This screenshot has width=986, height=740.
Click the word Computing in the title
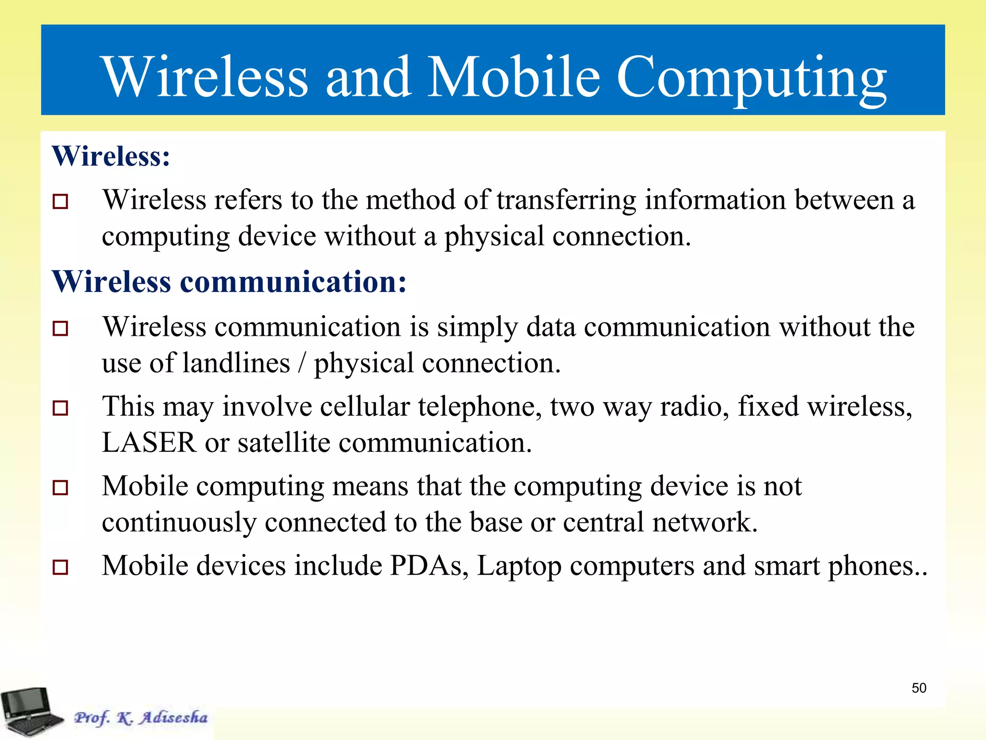[x=751, y=77]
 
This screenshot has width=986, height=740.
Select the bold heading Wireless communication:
[x=229, y=281]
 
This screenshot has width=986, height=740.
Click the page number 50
[x=919, y=688]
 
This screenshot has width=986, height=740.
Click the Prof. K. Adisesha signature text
[x=141, y=717]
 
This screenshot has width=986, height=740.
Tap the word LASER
[x=149, y=442]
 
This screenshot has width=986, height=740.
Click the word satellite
[x=284, y=442]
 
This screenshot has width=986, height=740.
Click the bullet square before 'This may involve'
[x=61, y=408]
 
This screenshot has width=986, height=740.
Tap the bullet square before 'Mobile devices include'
[x=61, y=567]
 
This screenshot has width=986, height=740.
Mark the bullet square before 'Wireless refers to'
[x=61, y=201]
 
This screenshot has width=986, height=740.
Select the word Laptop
[x=519, y=567]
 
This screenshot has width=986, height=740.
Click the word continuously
[x=179, y=522]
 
